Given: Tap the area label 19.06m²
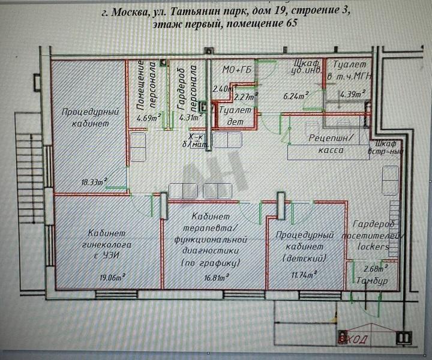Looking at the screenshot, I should coord(112,277).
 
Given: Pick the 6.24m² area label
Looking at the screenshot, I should coord(295,95).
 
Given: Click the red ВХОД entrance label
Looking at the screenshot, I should coord(355,340).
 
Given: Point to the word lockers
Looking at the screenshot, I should coord(374,246).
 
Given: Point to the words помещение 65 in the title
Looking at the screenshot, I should coord(255,25).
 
